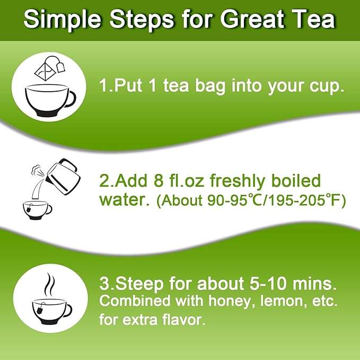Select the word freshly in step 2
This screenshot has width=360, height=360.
click(238, 181)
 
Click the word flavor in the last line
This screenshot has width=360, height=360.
click(185, 320)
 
